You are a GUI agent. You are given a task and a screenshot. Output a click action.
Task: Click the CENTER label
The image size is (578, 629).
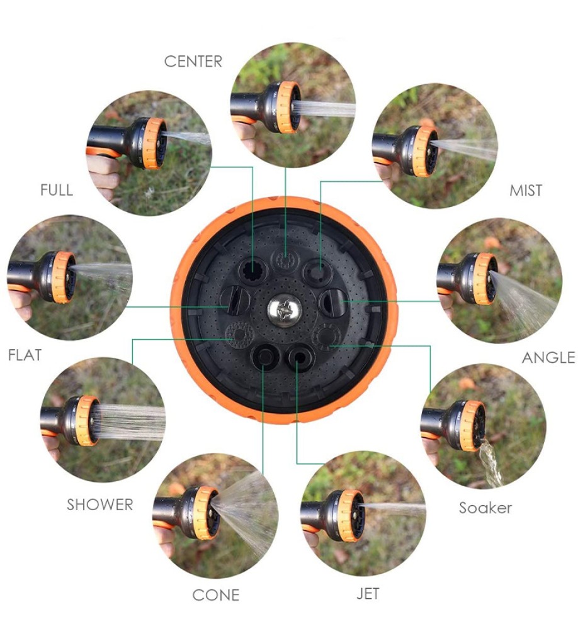click(193, 62)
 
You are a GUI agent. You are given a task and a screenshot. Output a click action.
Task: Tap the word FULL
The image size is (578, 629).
click(57, 190)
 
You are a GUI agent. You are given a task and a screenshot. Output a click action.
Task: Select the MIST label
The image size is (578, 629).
click(525, 190)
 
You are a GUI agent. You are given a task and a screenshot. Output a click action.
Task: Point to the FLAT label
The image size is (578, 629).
click(25, 355)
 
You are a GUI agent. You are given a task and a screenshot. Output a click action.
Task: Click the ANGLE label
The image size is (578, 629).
click(548, 357)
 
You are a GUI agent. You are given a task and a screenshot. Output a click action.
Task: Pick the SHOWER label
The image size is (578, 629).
click(99, 504)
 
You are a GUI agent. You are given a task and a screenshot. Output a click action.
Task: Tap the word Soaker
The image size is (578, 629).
click(485, 508)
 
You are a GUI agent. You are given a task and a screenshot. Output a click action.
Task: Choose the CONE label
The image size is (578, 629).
click(216, 595)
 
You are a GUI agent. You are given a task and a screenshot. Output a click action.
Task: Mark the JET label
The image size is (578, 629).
click(368, 593)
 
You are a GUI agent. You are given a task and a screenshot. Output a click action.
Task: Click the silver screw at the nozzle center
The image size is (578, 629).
click(284, 310)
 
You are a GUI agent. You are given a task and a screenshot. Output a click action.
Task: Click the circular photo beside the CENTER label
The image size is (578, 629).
click(293, 104)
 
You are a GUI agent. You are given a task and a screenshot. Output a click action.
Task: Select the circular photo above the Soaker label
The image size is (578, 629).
click(483, 426)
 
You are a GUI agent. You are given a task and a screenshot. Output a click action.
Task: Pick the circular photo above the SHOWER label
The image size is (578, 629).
click(103, 420)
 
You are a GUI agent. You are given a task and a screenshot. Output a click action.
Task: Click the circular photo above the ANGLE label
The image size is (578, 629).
click(499, 281)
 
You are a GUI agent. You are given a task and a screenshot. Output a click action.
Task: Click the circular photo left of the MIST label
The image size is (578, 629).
click(435, 146)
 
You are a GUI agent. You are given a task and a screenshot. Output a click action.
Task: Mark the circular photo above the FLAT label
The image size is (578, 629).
click(70, 277)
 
